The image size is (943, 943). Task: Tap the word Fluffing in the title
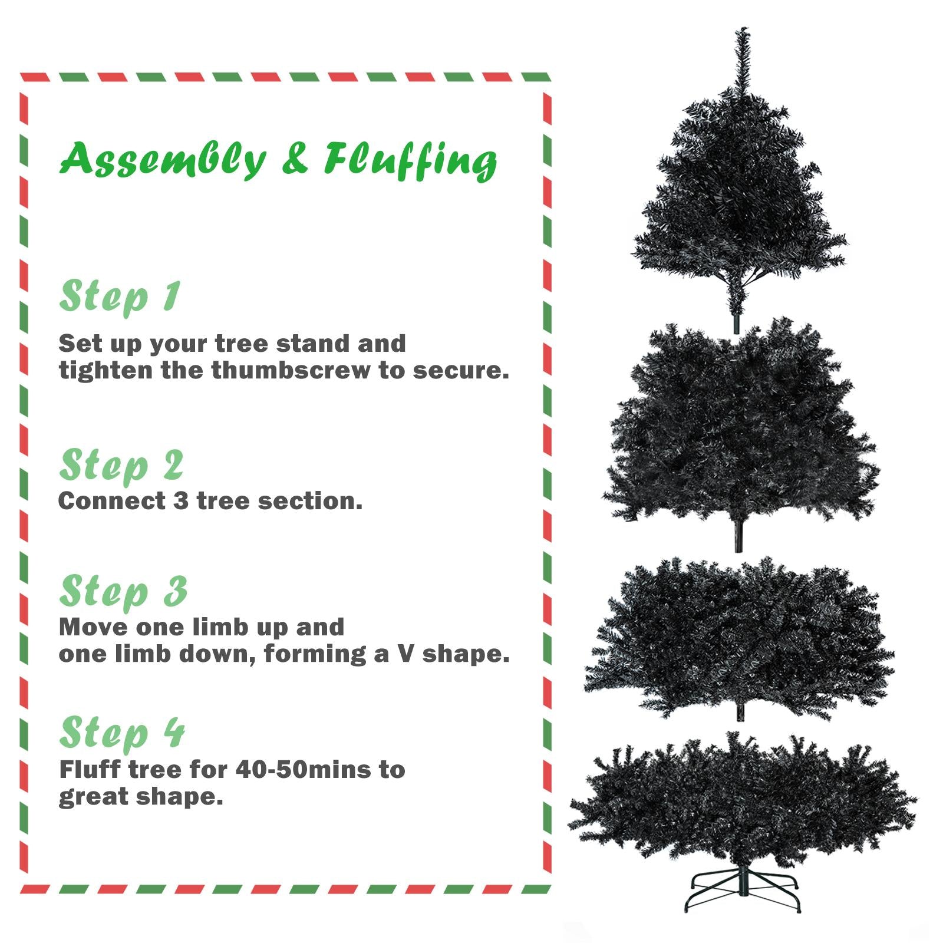tap(410, 160)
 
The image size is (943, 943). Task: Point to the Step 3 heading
tap(123, 592)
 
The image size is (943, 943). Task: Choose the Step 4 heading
tap(122, 734)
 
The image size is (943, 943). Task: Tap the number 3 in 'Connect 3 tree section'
tap(180, 501)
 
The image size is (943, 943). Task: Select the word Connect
tap(112, 501)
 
